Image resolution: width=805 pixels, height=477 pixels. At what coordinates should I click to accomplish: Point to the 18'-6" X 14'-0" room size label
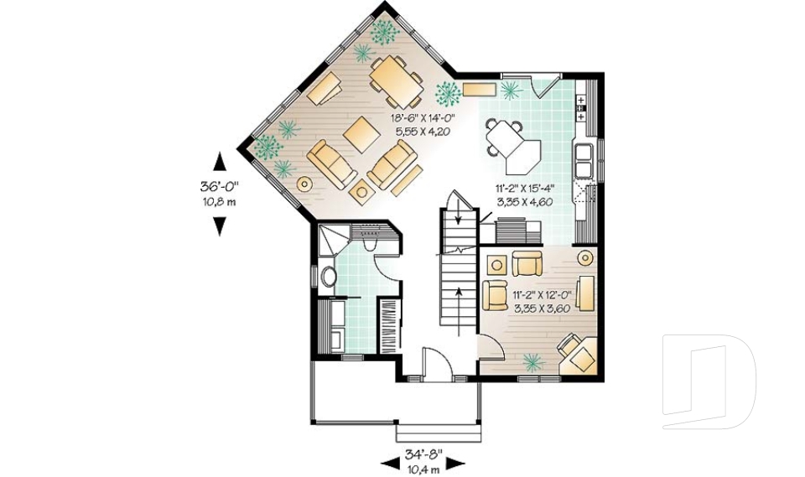tap(423, 119)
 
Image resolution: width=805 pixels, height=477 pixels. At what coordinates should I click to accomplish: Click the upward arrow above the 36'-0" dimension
tap(220, 162)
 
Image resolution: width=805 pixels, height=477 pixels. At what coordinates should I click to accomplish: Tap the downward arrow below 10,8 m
tap(220, 226)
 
